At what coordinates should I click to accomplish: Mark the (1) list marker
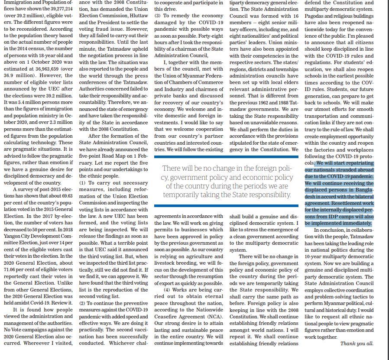click(83, 182)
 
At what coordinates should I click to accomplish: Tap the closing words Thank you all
click(356, 344)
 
